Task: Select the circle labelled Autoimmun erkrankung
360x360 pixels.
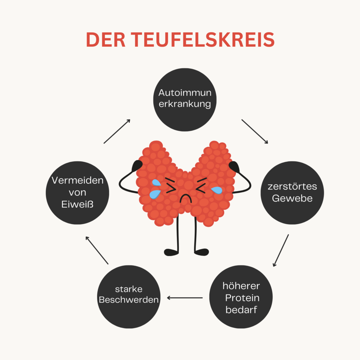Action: click(185, 99)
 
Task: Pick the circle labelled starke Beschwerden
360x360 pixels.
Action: click(128, 295)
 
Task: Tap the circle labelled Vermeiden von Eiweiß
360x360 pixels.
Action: click(77, 192)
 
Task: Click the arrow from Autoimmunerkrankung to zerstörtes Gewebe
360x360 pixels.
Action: click(255, 131)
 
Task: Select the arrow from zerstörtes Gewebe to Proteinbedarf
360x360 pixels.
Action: click(281, 250)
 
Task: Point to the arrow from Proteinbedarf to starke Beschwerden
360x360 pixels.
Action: click(185, 298)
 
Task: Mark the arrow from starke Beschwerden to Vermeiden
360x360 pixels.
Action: click(97, 250)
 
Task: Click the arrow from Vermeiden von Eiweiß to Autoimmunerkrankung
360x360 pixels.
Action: click(117, 131)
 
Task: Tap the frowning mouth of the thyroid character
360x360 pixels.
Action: click(185, 198)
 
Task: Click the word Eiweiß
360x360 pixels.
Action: click(78, 204)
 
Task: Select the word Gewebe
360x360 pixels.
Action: click(292, 198)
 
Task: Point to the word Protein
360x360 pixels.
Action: click(242, 298)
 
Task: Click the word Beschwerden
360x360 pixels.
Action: click(129, 300)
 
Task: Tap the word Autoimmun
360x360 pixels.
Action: click(185, 93)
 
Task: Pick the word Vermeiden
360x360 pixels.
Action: click(78, 180)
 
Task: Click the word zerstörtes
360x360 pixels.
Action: click(292, 186)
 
